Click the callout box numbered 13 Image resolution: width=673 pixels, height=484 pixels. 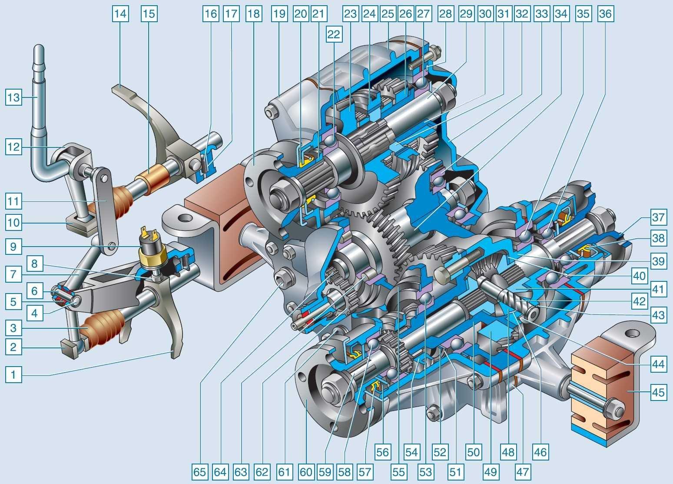tap(13, 97)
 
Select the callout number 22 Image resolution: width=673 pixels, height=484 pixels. tap(334, 34)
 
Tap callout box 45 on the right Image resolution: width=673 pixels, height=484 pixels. tap(658, 392)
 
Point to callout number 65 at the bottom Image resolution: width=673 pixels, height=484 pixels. tap(200, 472)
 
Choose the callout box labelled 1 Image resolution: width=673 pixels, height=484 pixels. tap(13, 374)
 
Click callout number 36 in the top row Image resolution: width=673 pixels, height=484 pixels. tap(605, 14)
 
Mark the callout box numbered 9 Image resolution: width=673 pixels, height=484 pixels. tap(13, 247)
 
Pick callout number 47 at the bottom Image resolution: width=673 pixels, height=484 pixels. tap(523, 472)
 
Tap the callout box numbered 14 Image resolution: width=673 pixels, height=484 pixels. tap(120, 14)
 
